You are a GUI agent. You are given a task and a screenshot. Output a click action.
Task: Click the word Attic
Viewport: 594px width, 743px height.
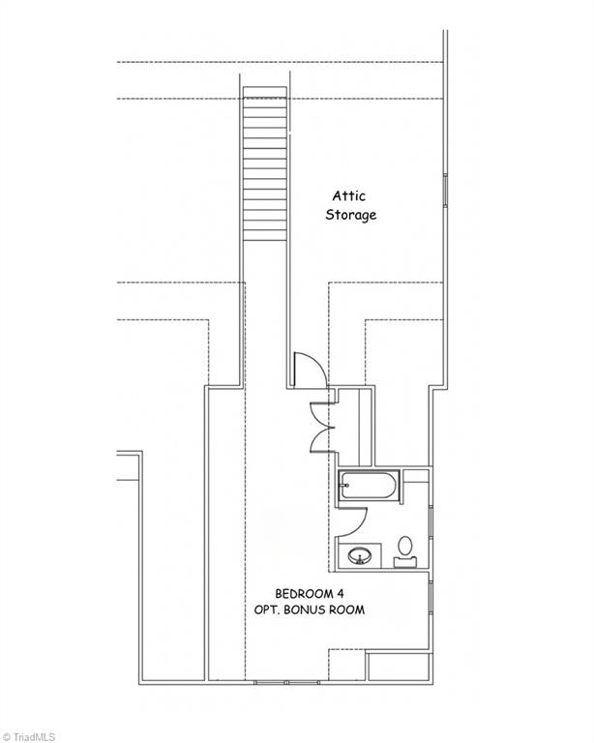pyautogui.click(x=348, y=195)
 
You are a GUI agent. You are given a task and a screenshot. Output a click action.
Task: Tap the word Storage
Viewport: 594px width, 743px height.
pyautogui.click(x=350, y=215)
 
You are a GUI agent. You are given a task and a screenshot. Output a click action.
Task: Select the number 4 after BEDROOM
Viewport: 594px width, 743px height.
pyautogui.click(x=341, y=593)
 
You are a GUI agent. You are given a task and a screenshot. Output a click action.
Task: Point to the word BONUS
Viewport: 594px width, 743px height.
pyautogui.click(x=312, y=610)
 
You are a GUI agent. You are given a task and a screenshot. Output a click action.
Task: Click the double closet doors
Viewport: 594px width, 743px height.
pyautogui.click(x=322, y=426)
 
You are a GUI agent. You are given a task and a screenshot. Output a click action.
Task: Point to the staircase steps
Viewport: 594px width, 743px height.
pyautogui.click(x=264, y=164)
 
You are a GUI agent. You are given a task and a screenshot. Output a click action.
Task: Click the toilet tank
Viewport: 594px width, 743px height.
pyautogui.click(x=405, y=560)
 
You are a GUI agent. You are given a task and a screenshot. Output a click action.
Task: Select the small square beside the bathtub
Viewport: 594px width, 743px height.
pyautogui.click(x=415, y=476)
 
